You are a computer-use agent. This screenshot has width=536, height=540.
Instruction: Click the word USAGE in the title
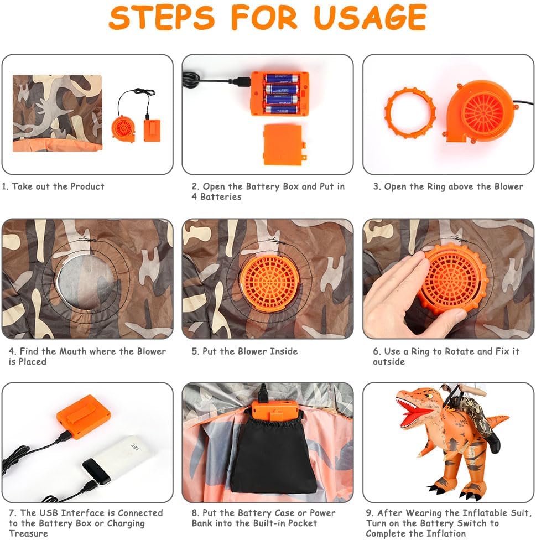tap(370, 17)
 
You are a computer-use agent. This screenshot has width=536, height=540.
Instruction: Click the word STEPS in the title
tap(162, 17)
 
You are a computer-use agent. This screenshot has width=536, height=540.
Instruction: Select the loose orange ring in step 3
tap(410, 113)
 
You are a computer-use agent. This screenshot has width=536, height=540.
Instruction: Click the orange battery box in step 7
tap(84, 417)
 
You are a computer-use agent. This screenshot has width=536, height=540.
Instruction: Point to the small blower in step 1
tap(123, 128)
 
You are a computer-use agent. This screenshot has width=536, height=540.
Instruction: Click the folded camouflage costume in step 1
tap(58, 113)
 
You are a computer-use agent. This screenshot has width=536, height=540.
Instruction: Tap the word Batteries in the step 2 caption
tap(221, 196)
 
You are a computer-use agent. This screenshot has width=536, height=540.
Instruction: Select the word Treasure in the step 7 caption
tap(28, 533)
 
